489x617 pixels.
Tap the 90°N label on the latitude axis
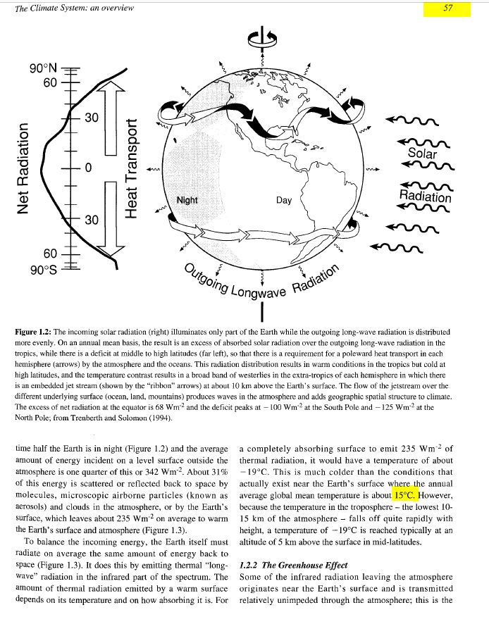click(43, 69)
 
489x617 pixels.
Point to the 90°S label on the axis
click(43, 268)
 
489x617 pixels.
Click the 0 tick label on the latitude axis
click(88, 168)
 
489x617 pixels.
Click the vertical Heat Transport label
click(130, 168)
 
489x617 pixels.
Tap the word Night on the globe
click(187, 201)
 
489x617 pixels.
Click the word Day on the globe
click(284, 201)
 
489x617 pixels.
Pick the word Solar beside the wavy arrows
click(423, 154)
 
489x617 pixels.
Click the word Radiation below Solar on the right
click(425, 194)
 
